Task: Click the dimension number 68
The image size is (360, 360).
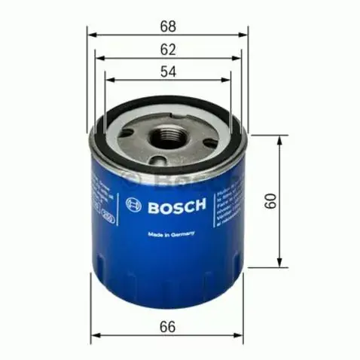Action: click(168, 26)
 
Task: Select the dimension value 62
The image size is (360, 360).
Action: click(168, 50)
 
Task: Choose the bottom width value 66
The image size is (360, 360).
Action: click(168, 328)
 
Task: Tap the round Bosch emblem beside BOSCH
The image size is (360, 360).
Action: click(135, 205)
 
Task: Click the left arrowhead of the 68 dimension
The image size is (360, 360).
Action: click(91, 35)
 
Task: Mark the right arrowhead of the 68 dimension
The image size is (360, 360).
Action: click(245, 35)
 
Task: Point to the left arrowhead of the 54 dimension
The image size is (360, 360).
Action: click(108, 78)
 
